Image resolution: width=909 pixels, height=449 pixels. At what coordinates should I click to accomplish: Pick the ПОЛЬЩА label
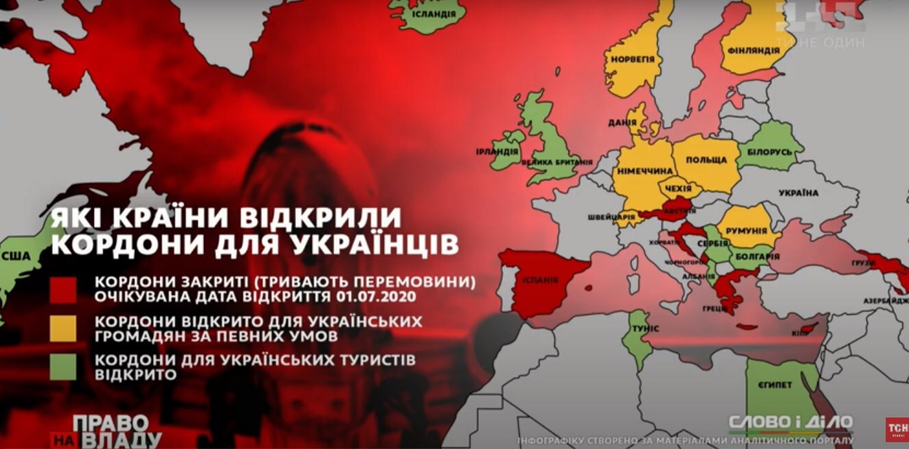click(x=706, y=159)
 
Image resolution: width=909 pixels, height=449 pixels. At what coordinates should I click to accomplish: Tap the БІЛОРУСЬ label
click(x=765, y=151)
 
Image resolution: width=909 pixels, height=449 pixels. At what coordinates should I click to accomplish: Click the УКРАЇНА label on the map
click(x=798, y=193)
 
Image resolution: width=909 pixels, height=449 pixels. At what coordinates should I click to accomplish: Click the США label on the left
click(x=20, y=256)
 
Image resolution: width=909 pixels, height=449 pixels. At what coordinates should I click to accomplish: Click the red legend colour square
click(x=63, y=290)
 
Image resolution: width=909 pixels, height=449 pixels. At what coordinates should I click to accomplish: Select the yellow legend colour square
click(x=63, y=329)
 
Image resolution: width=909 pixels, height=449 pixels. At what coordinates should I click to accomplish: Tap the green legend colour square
click(x=63, y=368)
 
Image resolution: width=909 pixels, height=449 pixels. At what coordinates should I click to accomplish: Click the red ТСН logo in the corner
click(x=896, y=429)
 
